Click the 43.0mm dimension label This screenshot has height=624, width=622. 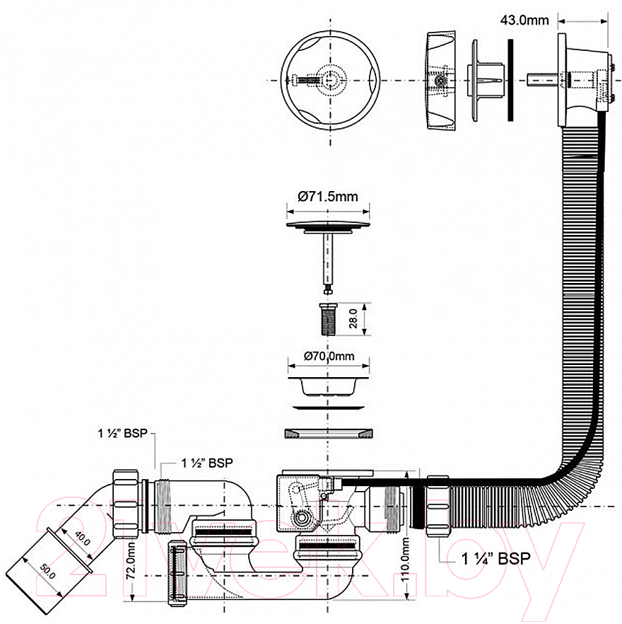click(524, 20)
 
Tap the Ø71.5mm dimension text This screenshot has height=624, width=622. click(328, 196)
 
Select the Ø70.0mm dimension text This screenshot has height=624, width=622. click(329, 356)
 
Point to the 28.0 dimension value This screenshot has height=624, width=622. click(353, 318)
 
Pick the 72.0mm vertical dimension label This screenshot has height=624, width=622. click(131, 561)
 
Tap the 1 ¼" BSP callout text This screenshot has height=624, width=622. click(496, 559)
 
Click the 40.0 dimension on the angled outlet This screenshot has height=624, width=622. click(82, 538)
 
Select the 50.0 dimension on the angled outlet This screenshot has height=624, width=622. click(47, 572)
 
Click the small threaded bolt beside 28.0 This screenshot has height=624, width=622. click(328, 319)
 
